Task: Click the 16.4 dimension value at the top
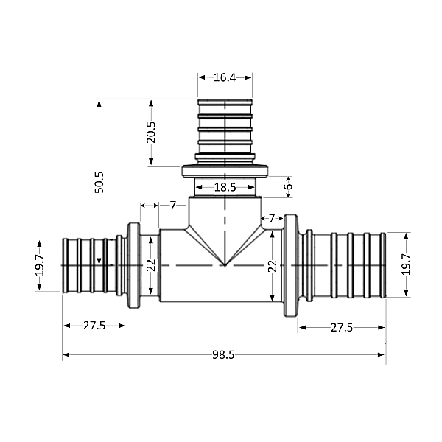coord(225,77)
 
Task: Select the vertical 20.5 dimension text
coord(151,133)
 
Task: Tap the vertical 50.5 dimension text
coord(99,182)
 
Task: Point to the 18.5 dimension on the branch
coord(225,188)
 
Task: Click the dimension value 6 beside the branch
coord(288,187)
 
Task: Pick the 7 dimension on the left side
coord(172,205)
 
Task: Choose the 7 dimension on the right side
coord(272,219)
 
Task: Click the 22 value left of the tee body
coord(151,265)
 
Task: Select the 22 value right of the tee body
coord(272,265)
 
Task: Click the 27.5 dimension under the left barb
coord(94,325)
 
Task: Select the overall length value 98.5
coord(223,355)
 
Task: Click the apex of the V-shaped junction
coord(225,265)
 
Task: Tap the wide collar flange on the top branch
coord(225,171)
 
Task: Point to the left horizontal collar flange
coord(133,265)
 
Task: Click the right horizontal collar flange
coord(291,265)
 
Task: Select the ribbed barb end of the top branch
coord(225,125)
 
